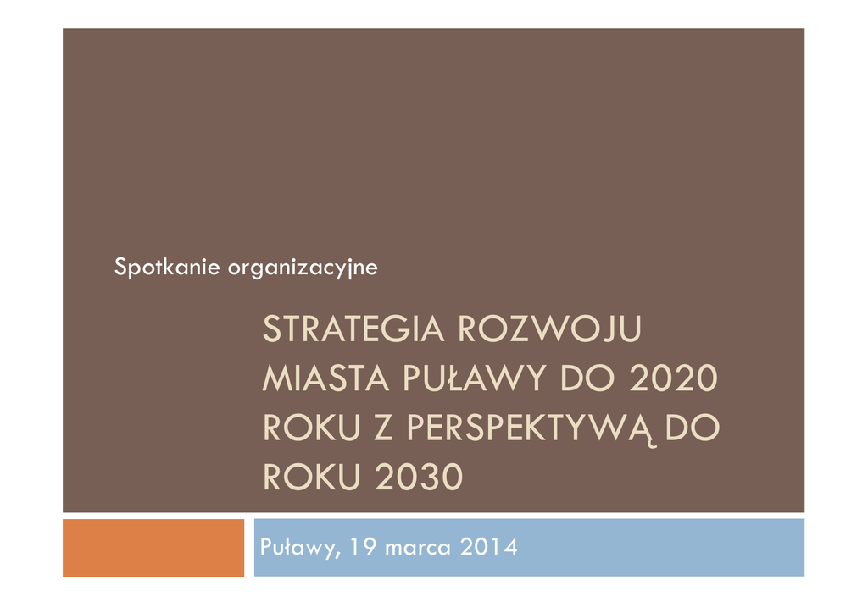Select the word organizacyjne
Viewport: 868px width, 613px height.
click(303, 268)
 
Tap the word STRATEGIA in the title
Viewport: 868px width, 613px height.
click(353, 329)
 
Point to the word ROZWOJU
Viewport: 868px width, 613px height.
click(549, 329)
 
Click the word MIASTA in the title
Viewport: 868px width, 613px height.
click(325, 378)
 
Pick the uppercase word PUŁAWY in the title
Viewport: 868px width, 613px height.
click(475, 378)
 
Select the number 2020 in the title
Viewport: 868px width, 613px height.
click(673, 378)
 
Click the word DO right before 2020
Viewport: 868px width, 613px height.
click(587, 378)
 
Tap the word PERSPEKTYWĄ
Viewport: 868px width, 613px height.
click(530, 429)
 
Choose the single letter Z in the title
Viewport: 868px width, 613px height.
click(384, 428)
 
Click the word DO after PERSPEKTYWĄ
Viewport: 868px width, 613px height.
click(693, 428)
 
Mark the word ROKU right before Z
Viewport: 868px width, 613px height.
click(312, 428)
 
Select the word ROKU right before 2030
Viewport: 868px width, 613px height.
click(312, 477)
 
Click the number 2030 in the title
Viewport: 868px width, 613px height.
click(419, 477)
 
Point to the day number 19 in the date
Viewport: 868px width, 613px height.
click(363, 547)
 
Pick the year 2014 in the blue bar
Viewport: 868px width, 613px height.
click(489, 547)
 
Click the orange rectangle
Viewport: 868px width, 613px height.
click(153, 547)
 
